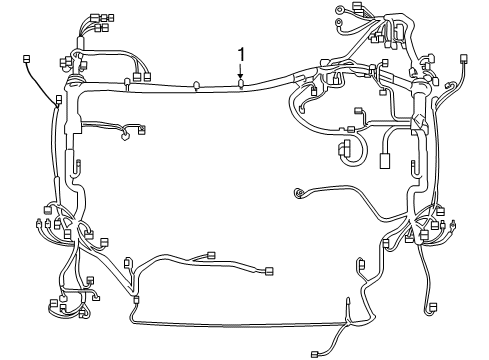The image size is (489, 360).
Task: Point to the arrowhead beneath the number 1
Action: pyautogui.click(x=240, y=75)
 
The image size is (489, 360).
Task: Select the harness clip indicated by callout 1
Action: pyautogui.click(x=241, y=84)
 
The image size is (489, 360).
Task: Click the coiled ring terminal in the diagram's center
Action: pyautogui.click(x=297, y=193)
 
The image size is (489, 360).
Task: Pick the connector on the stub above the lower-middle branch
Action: pyautogui.click(x=210, y=254)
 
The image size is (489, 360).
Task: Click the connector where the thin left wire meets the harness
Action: pyautogui.click(x=58, y=100)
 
